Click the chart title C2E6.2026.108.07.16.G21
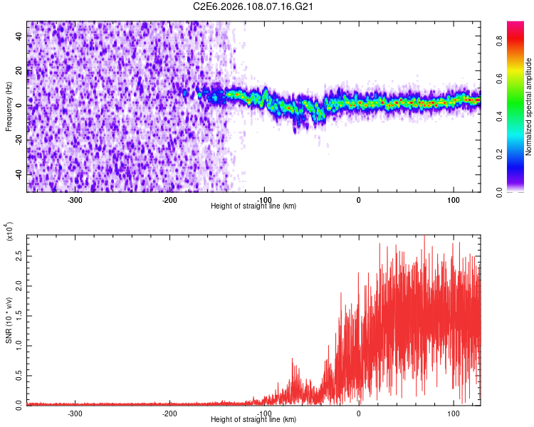point(253,6)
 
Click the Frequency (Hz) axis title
point(9,106)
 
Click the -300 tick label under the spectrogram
point(75,199)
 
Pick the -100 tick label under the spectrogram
point(264,199)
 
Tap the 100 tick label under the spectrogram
point(454,199)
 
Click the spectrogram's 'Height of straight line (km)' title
point(253,206)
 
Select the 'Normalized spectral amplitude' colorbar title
point(529,106)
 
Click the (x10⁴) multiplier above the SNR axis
point(9,231)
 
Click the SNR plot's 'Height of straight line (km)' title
point(253,420)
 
